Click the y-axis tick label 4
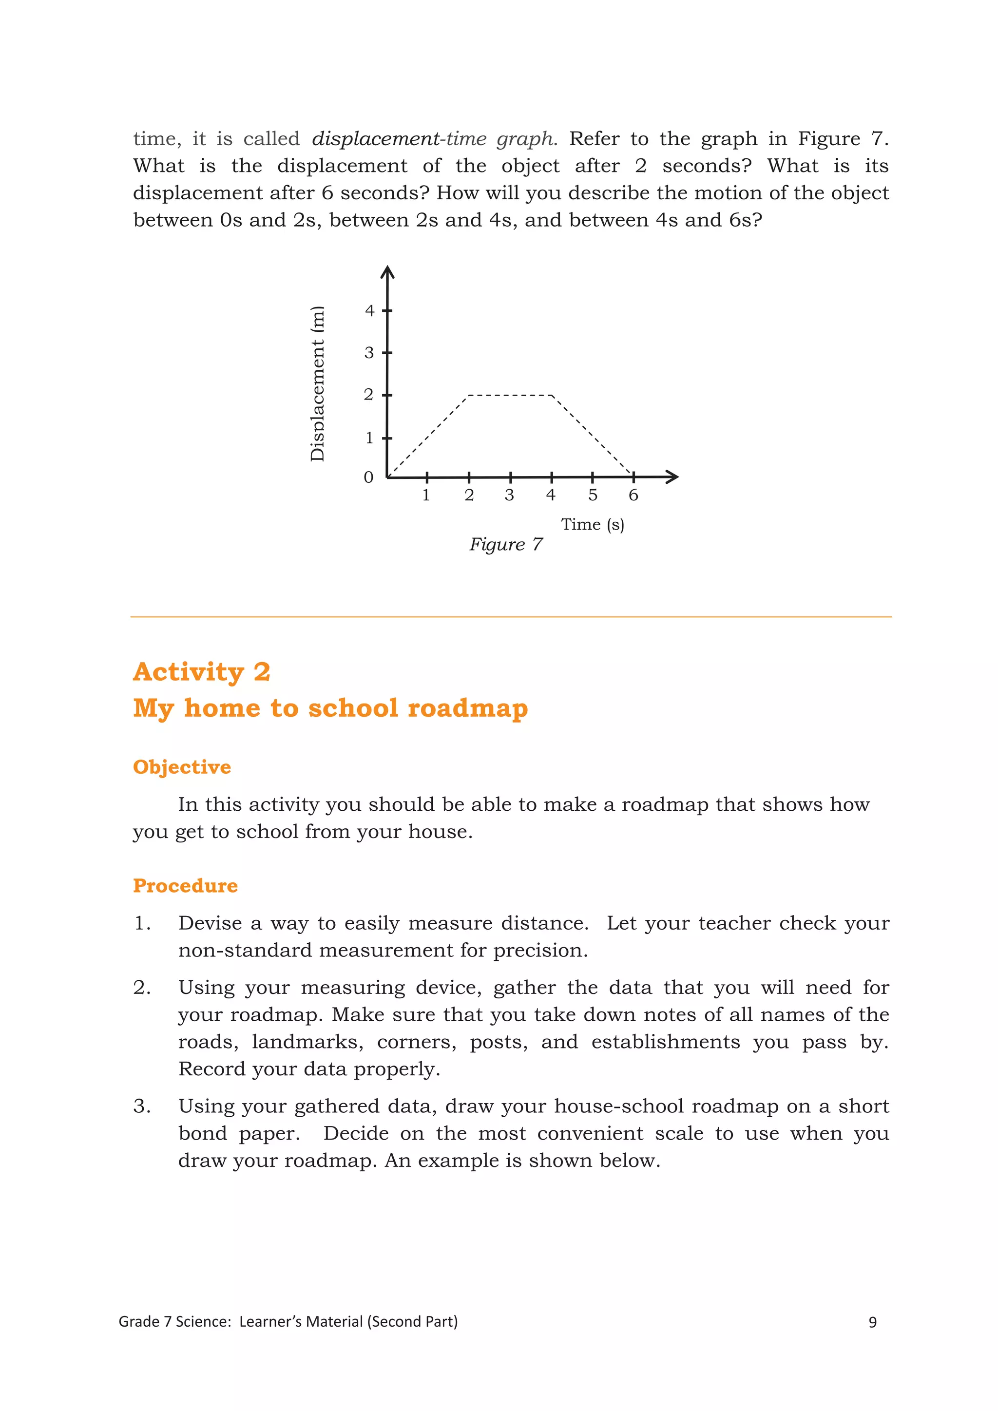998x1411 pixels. tap(369, 311)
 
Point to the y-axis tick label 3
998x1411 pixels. tap(369, 353)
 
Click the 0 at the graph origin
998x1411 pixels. tap(368, 477)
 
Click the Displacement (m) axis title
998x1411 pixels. tap(317, 383)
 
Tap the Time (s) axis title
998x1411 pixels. tap(593, 524)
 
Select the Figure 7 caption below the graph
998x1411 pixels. tap(506, 545)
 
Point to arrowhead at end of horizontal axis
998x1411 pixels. tap(673, 477)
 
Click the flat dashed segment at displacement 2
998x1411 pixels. tap(510, 395)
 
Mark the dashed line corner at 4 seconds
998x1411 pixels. tap(552, 396)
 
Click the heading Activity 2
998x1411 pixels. tap(202, 672)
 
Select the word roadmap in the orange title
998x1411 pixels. tap(468, 708)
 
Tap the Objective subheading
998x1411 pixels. tap(182, 767)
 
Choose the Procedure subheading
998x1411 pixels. tap(185, 886)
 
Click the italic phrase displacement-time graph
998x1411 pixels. tap(434, 139)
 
